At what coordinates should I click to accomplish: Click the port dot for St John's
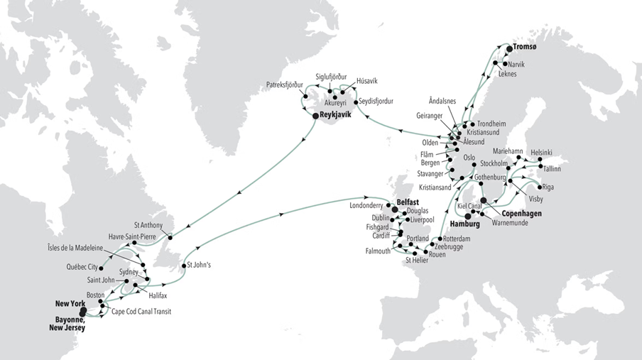coord(184,266)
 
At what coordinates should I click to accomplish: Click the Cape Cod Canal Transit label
coord(141,311)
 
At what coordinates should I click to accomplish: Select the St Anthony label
coord(148,226)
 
